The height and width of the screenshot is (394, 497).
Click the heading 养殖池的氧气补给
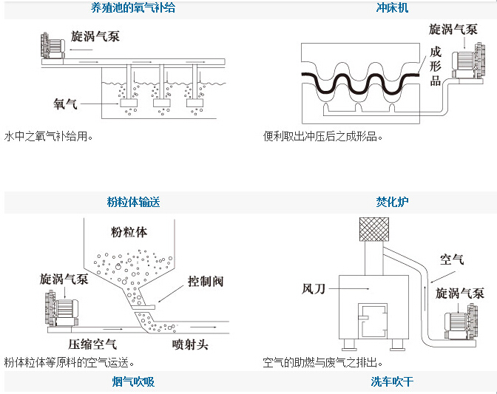[134, 8]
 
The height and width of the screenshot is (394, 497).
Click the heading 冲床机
[392, 8]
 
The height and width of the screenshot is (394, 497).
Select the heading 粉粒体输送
[134, 202]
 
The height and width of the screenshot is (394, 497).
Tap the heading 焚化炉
[392, 202]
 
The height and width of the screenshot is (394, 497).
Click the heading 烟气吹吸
[134, 382]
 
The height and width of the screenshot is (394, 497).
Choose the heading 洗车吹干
[392, 382]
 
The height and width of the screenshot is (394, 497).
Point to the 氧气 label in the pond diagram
[65, 104]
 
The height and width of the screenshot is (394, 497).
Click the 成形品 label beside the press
[436, 67]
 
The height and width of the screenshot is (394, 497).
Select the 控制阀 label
[205, 282]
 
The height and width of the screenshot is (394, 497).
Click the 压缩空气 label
[92, 344]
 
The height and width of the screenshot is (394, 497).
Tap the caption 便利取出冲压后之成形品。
[323, 137]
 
